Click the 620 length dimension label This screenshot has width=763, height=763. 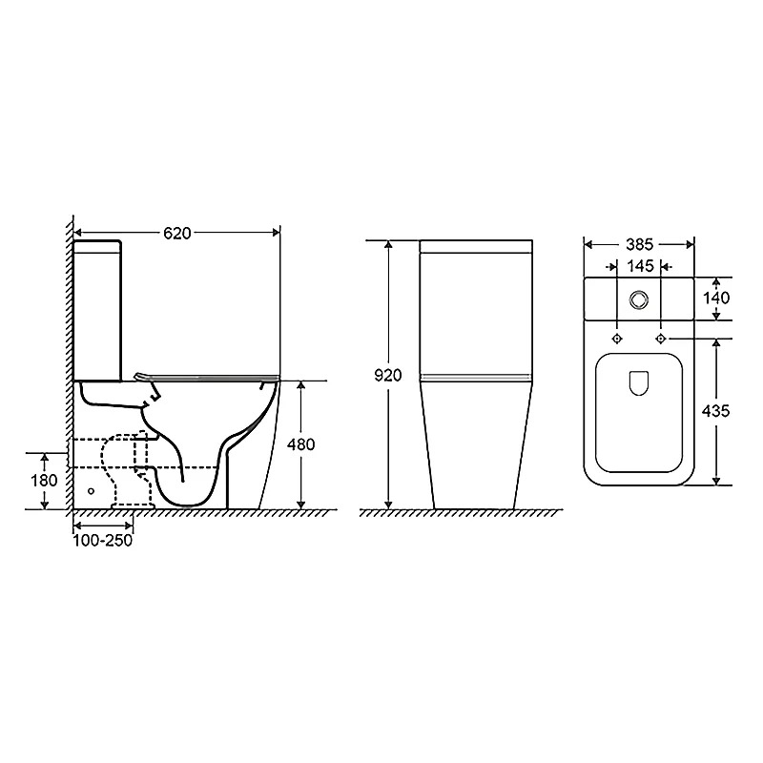coord(177,234)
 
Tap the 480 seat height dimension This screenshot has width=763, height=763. coord(301,444)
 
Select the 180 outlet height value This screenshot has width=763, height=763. coord(44,481)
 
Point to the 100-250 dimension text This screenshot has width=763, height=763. coord(103,541)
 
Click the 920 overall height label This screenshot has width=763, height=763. coord(388,375)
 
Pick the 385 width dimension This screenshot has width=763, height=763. coord(639,244)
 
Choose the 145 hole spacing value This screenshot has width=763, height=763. coord(640,266)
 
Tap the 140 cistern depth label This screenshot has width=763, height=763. coord(716,298)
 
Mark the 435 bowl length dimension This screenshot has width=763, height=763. coord(716,412)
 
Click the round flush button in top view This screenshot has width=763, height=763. coord(638,299)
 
